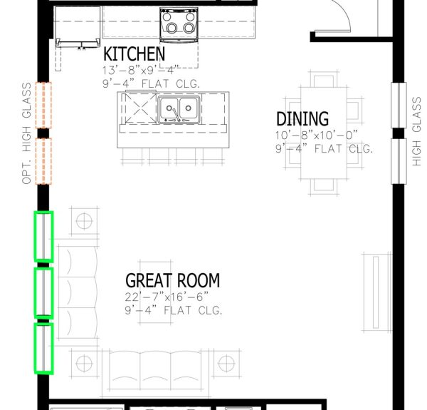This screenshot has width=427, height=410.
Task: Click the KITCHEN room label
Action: click(x=135, y=53)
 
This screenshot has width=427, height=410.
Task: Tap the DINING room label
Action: click(x=302, y=119)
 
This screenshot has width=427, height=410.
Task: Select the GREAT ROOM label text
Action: click(x=173, y=280)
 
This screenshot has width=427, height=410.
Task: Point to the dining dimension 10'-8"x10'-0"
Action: click(x=316, y=135)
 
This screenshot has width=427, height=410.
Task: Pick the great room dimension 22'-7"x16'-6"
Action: click(x=167, y=297)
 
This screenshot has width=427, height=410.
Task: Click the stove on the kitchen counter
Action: click(x=179, y=25)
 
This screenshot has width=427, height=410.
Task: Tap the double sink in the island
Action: click(x=179, y=110)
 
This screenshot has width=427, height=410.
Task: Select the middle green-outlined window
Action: click(x=43, y=292)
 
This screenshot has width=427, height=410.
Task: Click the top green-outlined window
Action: click(x=43, y=236)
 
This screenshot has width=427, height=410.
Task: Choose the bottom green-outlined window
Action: click(x=43, y=349)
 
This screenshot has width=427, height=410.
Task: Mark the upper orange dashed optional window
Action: click(x=43, y=105)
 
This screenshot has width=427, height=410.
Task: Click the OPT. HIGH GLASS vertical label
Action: click(x=27, y=133)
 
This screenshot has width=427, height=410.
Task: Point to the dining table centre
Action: click(x=324, y=133)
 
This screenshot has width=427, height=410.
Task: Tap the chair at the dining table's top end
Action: click(x=324, y=79)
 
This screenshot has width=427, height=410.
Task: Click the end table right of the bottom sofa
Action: click(x=226, y=364)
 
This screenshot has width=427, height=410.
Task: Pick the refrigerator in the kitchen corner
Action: click(x=78, y=27)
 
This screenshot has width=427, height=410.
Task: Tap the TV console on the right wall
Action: click(x=377, y=292)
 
